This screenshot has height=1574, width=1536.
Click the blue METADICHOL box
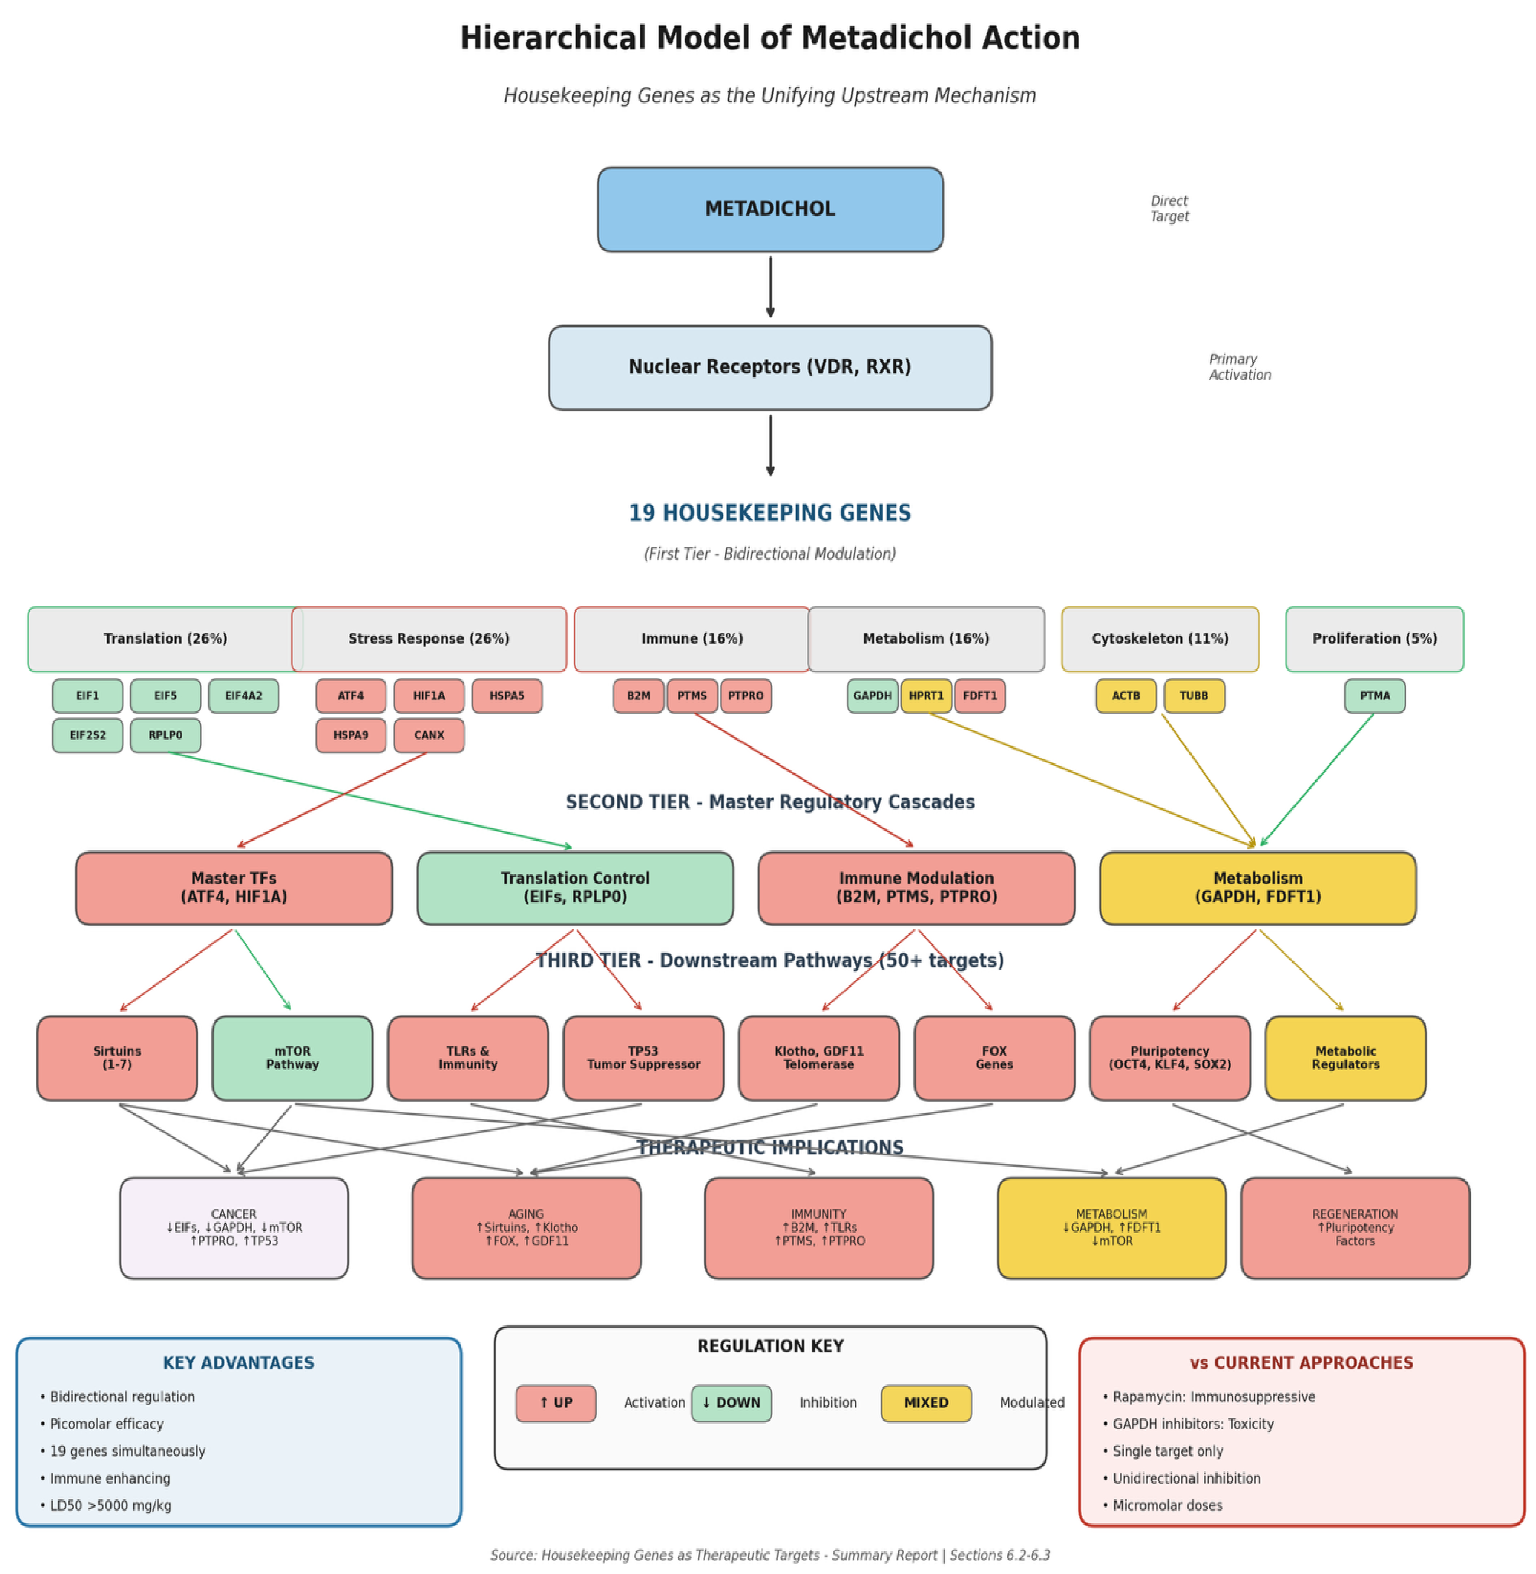pyautogui.click(x=770, y=209)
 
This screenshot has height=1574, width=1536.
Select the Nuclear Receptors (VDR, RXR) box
pyautogui.click(x=770, y=367)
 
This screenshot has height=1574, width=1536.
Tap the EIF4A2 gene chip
pyautogui.click(x=244, y=695)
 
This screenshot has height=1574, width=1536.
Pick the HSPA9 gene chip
pyautogui.click(x=351, y=735)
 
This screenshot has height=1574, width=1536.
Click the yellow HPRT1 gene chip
pyautogui.click(x=926, y=695)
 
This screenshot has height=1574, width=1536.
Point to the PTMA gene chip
pyautogui.click(x=1375, y=695)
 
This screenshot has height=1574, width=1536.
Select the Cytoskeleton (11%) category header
pyautogui.click(x=1160, y=638)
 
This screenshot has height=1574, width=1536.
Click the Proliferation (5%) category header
pyautogui.click(x=1375, y=638)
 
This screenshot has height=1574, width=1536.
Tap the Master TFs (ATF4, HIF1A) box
pyautogui.click(x=234, y=887)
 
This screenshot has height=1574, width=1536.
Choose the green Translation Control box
pyautogui.click(x=575, y=887)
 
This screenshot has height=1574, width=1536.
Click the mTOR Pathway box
pyautogui.click(x=292, y=1058)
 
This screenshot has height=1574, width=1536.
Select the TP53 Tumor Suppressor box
pyautogui.click(x=643, y=1058)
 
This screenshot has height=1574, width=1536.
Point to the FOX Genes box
pyautogui.click(x=994, y=1058)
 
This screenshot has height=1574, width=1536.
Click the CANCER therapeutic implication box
pyautogui.click(x=234, y=1227)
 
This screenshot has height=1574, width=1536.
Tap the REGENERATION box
pyautogui.click(x=1354, y=1227)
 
